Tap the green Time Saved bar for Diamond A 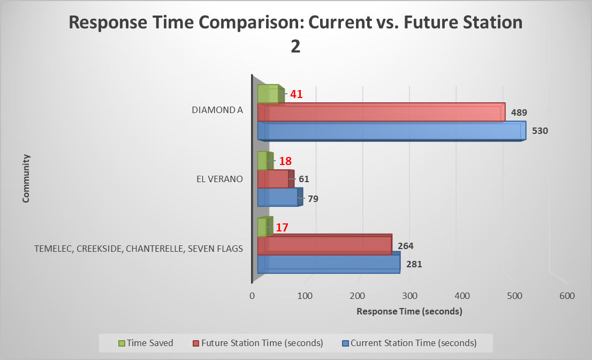coord(269,94)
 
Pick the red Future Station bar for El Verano coord(274,179)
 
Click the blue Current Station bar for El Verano coord(278,197)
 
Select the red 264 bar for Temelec coord(324,245)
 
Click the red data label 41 coord(297,94)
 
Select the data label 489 coord(520,113)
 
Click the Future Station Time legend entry coord(259,343)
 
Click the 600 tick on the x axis coord(567,295)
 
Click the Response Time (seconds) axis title coord(409,311)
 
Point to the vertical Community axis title coord(26,178)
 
